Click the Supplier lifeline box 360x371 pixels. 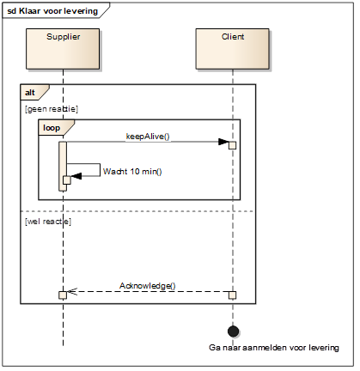pyautogui.click(x=63, y=49)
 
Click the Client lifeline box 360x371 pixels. pyautogui.click(x=232, y=49)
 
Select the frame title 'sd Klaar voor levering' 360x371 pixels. pyautogui.click(x=52, y=11)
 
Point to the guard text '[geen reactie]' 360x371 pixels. pyautogui.click(x=52, y=109)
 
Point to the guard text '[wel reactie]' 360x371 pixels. pyautogui.click(x=48, y=222)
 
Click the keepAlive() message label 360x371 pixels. pyautogui.click(x=148, y=137)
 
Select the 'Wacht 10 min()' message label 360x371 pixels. pyautogui.click(x=132, y=172)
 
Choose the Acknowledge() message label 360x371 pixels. pyautogui.click(x=148, y=286)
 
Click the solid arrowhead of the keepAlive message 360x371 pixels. pyautogui.click(x=223, y=142)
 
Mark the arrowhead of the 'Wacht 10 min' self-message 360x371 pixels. pyautogui.click(x=76, y=176)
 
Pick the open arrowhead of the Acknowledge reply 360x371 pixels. pyautogui.click(x=72, y=291)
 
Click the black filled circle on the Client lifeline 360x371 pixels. pyautogui.click(x=233, y=331)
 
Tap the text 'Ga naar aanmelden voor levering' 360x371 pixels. pyautogui.click(x=274, y=348)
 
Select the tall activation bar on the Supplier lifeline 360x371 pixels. pyautogui.click(x=63, y=166)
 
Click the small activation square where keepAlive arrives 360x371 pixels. pyautogui.click(x=232, y=145)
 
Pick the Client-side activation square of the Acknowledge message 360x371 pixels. pyautogui.click(x=232, y=295)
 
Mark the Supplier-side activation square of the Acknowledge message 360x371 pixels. pyautogui.click(x=63, y=295)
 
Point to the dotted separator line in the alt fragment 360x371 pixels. pyautogui.click(x=137, y=211)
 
